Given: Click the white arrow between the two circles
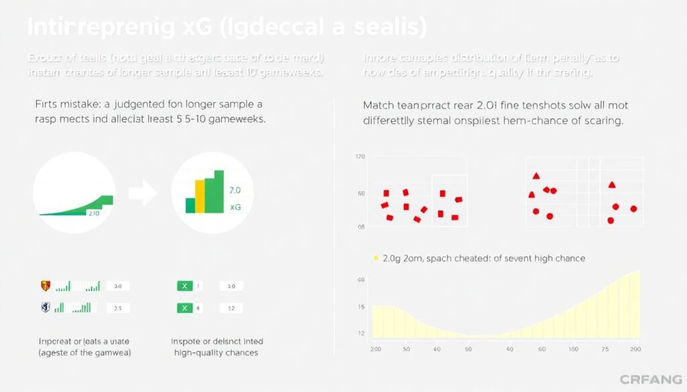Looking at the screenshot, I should tap(142, 195).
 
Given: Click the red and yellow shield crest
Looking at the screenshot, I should tap(46, 286).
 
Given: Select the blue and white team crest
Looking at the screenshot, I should tap(46, 308).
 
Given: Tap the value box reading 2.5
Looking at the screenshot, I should tap(117, 308).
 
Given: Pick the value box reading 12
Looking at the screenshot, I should tap(231, 308).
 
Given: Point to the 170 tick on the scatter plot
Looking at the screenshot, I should tap(360, 157).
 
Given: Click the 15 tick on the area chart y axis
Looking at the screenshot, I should tap(361, 307).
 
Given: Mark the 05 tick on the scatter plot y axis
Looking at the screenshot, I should tap(361, 227).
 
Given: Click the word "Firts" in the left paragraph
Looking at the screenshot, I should tap(48, 105).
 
